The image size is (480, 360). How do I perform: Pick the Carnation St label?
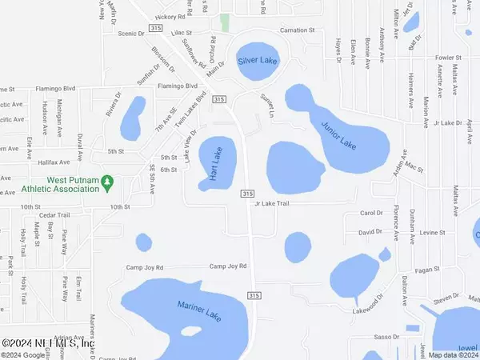click(287, 37)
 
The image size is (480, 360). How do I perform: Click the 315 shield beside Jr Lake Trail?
click(247, 194)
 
